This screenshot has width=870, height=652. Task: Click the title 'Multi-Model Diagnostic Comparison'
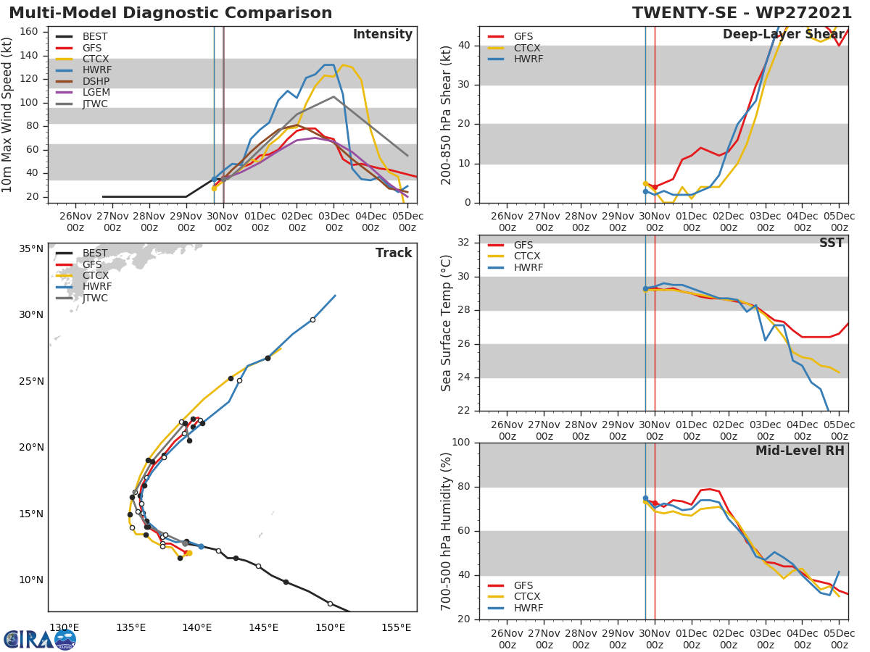pyautogui.click(x=170, y=13)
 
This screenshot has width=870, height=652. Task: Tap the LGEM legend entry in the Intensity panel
pyautogui.click(x=96, y=93)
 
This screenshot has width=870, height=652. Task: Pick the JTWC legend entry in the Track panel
pyautogui.click(x=95, y=298)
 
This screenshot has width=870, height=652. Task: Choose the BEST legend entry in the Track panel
pyautogui.click(x=95, y=253)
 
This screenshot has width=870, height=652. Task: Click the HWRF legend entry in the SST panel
pyautogui.click(x=528, y=267)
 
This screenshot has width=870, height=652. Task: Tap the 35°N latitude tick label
pyautogui.click(x=30, y=248)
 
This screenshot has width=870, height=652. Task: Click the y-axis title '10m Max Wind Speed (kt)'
pyautogui.click(x=8, y=114)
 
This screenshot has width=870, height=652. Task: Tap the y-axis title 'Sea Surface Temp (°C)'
pyautogui.click(x=447, y=323)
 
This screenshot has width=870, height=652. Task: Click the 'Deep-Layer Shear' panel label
pyautogui.click(x=783, y=35)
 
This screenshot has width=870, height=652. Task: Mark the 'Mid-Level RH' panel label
pyautogui.click(x=799, y=451)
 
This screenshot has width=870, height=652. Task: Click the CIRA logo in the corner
pyautogui.click(x=40, y=639)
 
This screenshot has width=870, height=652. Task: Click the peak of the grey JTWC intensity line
pyautogui.click(x=333, y=96)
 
